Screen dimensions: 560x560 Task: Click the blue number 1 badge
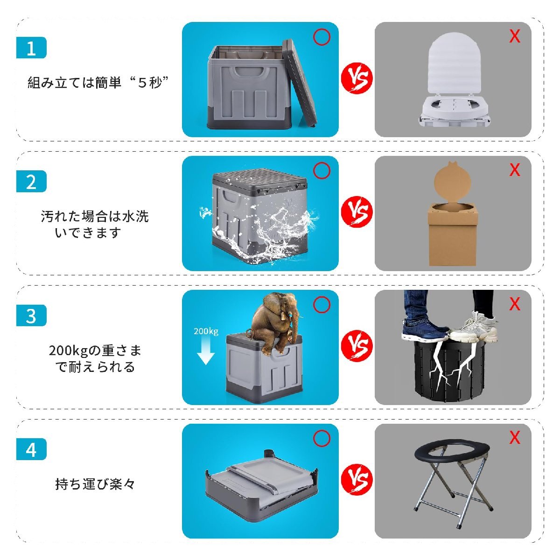pyautogui.click(x=31, y=48)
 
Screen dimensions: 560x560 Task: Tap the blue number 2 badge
pyautogui.click(x=31, y=182)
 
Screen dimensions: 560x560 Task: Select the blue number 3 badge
pyautogui.click(x=31, y=315)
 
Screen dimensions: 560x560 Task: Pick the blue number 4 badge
pyautogui.click(x=31, y=449)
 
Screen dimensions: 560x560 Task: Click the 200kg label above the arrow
pyautogui.click(x=206, y=331)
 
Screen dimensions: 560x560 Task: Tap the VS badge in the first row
pyautogui.click(x=357, y=78)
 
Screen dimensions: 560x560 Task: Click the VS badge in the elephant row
pyautogui.click(x=357, y=346)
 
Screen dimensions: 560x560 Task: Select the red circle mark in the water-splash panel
pyautogui.click(x=322, y=171)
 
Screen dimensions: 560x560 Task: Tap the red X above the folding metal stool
pyautogui.click(x=515, y=437)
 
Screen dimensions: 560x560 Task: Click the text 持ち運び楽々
pyautogui.click(x=95, y=484)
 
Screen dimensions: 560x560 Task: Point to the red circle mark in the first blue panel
pyautogui.click(x=322, y=37)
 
